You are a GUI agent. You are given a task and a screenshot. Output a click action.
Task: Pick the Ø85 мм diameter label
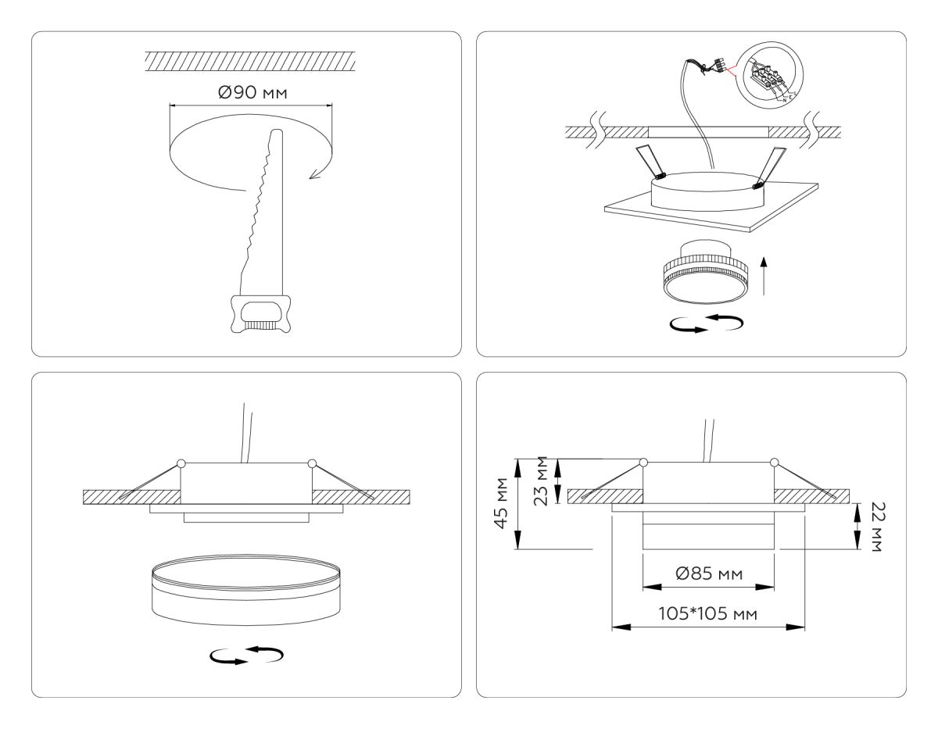point(708,574)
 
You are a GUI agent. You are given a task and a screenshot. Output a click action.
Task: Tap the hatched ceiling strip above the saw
point(250,59)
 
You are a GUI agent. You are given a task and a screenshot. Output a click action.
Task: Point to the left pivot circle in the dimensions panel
point(643,463)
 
